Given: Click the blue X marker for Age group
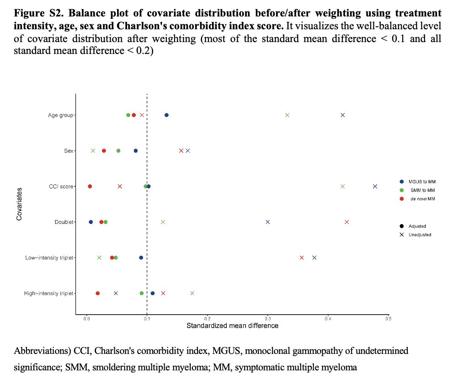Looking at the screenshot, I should (342, 115).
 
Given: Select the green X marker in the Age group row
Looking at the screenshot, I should (287, 115).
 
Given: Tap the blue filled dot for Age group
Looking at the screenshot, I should (166, 115).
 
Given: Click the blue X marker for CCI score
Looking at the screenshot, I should (375, 186).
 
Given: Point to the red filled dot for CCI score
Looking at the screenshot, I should (90, 186).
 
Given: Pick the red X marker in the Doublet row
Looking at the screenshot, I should (346, 222).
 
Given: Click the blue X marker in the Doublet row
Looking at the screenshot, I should (268, 222).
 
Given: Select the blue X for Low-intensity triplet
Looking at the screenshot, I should (314, 257).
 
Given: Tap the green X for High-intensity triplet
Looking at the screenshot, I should (192, 293).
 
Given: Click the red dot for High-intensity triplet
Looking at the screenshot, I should (97, 293).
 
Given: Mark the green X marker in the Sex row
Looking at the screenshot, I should (93, 150).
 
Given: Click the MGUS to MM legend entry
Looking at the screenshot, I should (419, 182).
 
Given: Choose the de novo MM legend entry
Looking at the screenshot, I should (419, 198).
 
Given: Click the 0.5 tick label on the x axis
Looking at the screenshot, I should (388, 318).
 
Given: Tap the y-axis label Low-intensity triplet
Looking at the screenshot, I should (49, 258).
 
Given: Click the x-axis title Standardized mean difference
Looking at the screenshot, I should (232, 326).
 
